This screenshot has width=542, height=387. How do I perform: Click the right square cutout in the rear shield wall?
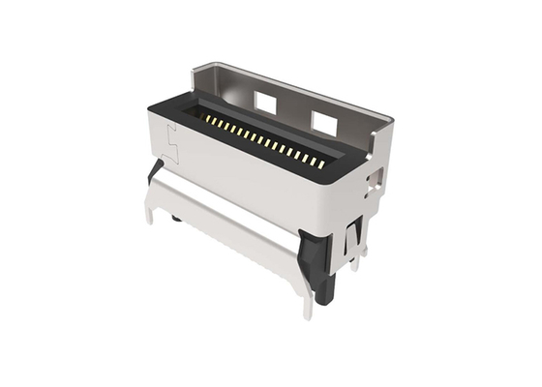324,120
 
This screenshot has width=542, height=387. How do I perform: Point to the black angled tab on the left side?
155,172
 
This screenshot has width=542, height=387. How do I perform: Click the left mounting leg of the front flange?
150,208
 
